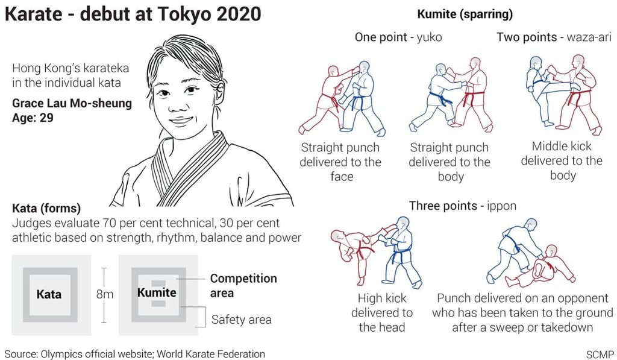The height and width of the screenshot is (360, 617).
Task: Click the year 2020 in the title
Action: tap(239, 14)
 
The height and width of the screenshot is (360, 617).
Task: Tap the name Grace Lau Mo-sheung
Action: tap(72, 103)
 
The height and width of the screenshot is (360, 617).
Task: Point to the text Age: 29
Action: tap(33, 118)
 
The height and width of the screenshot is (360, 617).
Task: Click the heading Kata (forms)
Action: tap(46, 208)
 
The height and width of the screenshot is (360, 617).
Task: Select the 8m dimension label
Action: tap(105, 294)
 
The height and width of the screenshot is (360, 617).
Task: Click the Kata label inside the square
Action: tap(49, 294)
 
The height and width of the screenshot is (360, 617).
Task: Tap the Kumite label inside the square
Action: tap(157, 292)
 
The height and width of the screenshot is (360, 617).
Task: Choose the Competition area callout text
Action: tap(243, 286)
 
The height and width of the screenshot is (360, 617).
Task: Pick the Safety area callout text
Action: tap(241, 320)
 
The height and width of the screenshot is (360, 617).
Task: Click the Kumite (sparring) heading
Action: tap(465, 14)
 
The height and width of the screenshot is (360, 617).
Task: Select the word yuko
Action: tap(429, 37)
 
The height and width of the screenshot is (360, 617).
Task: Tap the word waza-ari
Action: tap(589, 37)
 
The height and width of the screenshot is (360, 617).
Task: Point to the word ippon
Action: tap(501, 206)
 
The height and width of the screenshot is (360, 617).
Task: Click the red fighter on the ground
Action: tap(540, 268)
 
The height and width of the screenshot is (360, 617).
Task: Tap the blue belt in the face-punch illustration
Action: tap(357, 103)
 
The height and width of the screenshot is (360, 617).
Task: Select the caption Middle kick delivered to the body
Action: tap(562, 160)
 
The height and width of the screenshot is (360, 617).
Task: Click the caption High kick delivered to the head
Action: tap(381, 313)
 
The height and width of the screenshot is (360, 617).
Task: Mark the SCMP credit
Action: tap(600, 354)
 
